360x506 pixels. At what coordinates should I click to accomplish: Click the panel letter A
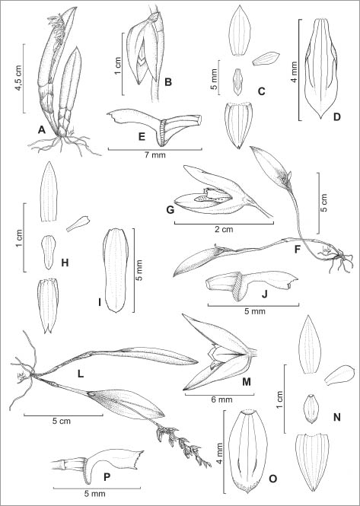point(41,129)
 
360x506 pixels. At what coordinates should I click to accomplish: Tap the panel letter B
point(168,82)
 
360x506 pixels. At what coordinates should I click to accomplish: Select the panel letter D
point(337,117)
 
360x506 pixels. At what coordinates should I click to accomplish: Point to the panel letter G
point(170,210)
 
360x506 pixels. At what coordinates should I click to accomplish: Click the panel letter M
point(247,382)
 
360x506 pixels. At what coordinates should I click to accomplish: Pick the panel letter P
point(107,477)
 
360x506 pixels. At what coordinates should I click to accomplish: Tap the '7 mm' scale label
point(155,155)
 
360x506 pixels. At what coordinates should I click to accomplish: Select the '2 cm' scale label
point(224,230)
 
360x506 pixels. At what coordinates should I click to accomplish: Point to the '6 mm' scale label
point(219,400)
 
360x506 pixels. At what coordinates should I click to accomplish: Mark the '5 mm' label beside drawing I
point(140,270)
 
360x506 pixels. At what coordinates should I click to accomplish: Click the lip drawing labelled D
point(321,68)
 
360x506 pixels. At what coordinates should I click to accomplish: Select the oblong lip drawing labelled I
point(116,270)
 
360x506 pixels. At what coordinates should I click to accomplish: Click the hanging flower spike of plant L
point(183,444)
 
